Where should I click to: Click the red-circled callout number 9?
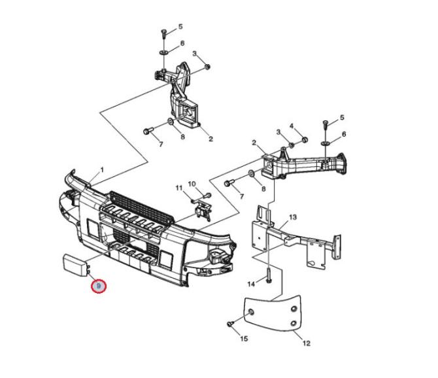pyautogui.click(x=99, y=286)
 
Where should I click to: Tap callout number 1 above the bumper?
pyautogui.click(x=102, y=169)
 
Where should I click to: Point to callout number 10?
pyautogui.click(x=192, y=184)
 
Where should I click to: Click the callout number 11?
pyautogui.click(x=179, y=188)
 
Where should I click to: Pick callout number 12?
pyautogui.click(x=307, y=343)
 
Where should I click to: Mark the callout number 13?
pyautogui.click(x=293, y=217)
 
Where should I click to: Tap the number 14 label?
pyautogui.click(x=251, y=284)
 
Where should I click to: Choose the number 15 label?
pyautogui.click(x=244, y=339)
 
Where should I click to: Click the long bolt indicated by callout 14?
pyautogui.click(x=268, y=275)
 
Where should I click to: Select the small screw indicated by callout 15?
pyautogui.click(x=231, y=323)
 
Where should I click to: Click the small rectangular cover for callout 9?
pyautogui.click(x=76, y=265)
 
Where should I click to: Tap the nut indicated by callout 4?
pyautogui.click(x=305, y=139)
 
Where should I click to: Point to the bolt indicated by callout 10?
pyautogui.click(x=208, y=195)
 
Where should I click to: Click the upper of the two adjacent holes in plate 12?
pyautogui.click(x=294, y=309)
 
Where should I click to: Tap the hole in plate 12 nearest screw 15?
pyautogui.click(x=251, y=312)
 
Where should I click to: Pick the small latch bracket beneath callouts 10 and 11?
pyautogui.click(x=203, y=211)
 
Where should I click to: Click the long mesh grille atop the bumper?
pyautogui.click(x=142, y=207)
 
